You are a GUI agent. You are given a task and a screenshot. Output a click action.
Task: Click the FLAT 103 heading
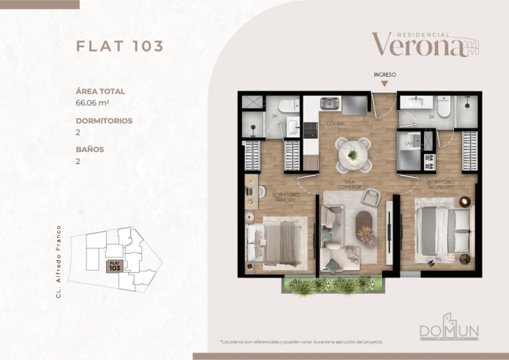coord(119,47)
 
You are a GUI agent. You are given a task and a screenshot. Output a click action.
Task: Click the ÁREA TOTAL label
coord(100,91)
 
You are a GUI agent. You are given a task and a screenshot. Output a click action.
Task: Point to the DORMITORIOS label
coord(103,120)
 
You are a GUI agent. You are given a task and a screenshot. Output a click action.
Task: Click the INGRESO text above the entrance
coord(384,73)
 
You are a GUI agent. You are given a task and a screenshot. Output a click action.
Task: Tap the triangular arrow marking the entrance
coord(384,84)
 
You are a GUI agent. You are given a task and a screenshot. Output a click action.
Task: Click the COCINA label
coord(335,123)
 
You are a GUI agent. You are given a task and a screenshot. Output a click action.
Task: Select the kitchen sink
coord(329,104)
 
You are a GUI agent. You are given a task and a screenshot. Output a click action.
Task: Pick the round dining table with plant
coord(353,153)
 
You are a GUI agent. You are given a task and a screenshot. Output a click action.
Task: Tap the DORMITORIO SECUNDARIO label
coord(441,185)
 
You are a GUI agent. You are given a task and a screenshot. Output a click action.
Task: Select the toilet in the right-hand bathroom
coord(443,106)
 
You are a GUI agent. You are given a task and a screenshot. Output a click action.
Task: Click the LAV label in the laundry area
coord(409,144)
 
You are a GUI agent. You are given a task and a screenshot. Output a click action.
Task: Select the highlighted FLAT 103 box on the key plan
coord(114,266)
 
